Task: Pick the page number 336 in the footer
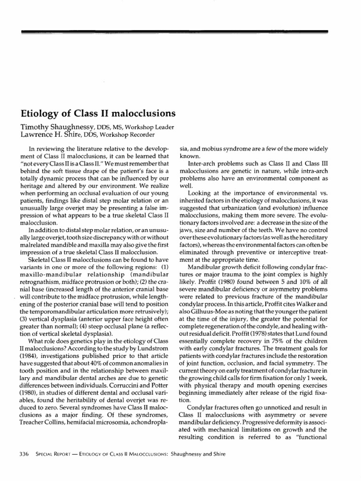(x=24, y=454)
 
